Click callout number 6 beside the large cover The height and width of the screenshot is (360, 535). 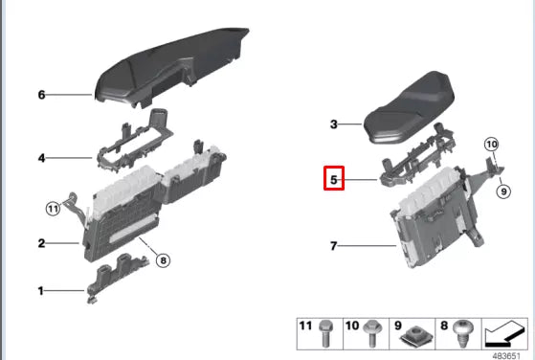click(42, 96)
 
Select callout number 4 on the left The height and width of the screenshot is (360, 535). click(42, 158)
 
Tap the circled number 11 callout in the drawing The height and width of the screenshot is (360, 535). click(54, 209)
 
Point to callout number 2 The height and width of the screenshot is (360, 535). click(42, 244)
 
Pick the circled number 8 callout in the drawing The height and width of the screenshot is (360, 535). click(163, 259)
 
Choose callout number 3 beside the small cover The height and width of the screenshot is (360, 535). click(333, 124)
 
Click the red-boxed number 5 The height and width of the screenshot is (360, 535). click(333, 178)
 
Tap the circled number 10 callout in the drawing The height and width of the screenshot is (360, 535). click(492, 146)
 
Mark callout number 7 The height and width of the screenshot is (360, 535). click(333, 247)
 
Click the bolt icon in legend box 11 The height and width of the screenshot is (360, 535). click(324, 331)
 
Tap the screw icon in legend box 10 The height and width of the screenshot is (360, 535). click(371, 331)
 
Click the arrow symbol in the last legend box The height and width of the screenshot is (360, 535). click(506, 333)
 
